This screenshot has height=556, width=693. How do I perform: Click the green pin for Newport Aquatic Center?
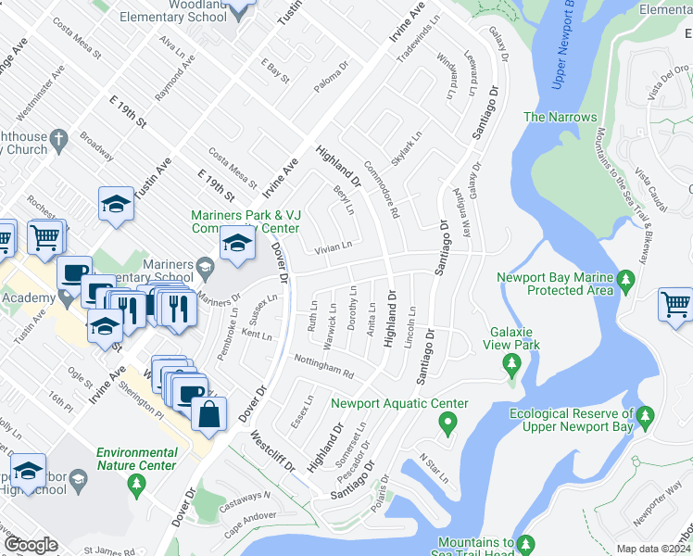(x=448, y=426)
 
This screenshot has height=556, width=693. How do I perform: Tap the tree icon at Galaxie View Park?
(x=510, y=364)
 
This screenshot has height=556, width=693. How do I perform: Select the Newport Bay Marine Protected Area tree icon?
(x=625, y=278)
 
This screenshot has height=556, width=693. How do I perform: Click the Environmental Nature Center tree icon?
(x=136, y=482)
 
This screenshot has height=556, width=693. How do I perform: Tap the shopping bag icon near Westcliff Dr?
(x=209, y=417)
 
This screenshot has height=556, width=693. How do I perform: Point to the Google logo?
(x=30, y=545)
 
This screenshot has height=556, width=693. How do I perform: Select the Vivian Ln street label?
(x=334, y=246)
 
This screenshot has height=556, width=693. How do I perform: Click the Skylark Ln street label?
(x=406, y=146)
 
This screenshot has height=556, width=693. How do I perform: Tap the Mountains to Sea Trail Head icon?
(x=525, y=542)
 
